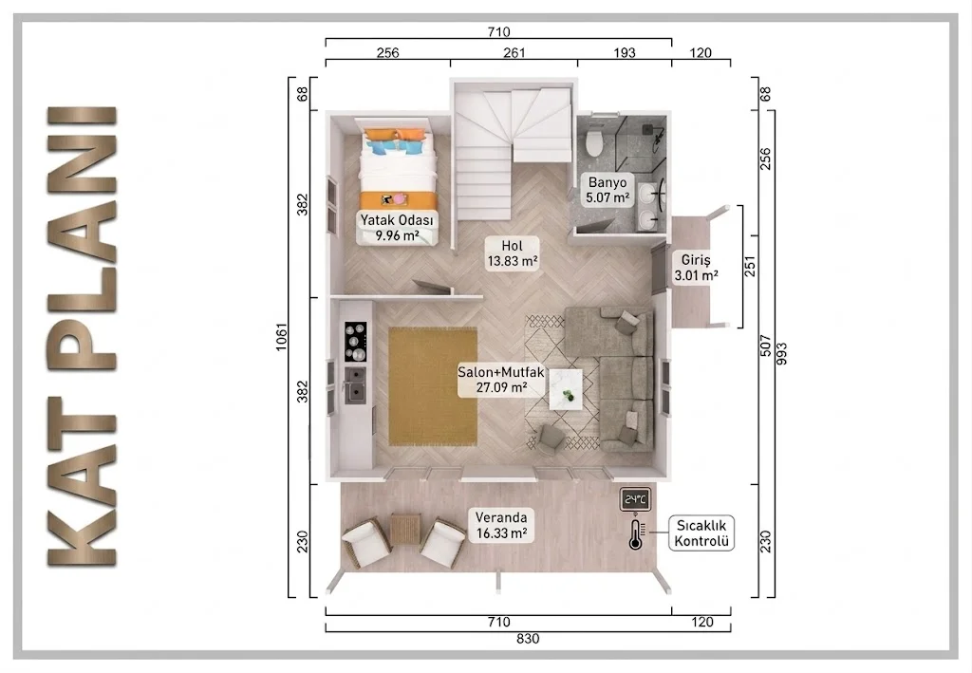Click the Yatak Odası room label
pyautogui.click(x=398, y=228)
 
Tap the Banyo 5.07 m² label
pyautogui.click(x=607, y=190)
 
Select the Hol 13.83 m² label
pyautogui.click(x=512, y=252)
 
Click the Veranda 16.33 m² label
pyautogui.click(x=501, y=525)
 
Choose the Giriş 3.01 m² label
pyautogui.click(x=696, y=268)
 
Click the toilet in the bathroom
pyautogui.click(x=593, y=142)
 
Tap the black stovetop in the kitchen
pyautogui.click(x=355, y=342)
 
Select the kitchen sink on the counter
pyautogui.click(x=355, y=384)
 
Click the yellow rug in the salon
pyautogui.click(x=433, y=386)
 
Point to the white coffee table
pyautogui.click(x=566, y=389)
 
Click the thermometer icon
pyautogui.click(x=635, y=534)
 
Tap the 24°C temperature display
pyautogui.click(x=636, y=499)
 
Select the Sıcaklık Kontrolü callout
pyautogui.click(x=701, y=533)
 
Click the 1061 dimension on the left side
pyautogui.click(x=281, y=338)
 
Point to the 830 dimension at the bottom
pyautogui.click(x=528, y=639)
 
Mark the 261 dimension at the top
pyautogui.click(x=514, y=52)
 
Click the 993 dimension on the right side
pyautogui.click(x=781, y=354)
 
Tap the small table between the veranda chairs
pyautogui.click(x=406, y=530)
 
